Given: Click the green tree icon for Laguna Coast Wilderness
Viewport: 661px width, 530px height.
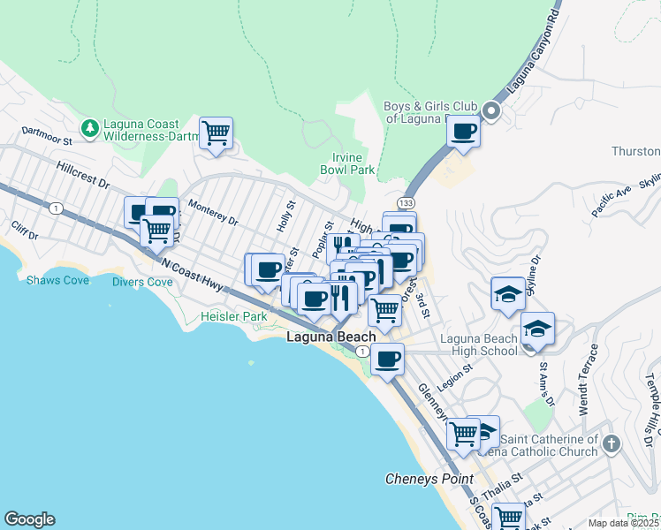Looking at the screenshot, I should coord(89,129).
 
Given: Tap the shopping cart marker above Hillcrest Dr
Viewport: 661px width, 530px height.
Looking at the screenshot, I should coord(216,133).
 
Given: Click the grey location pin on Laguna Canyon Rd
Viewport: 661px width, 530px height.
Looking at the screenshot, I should coord(490,112).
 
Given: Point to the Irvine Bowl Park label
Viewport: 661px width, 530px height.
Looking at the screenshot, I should coord(346,163).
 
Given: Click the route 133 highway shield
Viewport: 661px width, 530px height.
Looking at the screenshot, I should coord(406,203).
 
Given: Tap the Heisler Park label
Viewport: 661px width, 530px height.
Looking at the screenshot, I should coord(233,316).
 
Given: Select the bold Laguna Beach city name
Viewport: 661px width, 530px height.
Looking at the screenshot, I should coord(331,337).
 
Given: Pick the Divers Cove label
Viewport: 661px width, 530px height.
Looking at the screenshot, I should coord(142,283).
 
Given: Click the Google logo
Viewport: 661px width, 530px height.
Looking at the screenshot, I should coord(29,519).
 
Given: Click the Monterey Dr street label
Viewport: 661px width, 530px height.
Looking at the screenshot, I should coord(214,216).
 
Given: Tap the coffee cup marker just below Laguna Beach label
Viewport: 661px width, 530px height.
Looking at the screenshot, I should coord(387,359).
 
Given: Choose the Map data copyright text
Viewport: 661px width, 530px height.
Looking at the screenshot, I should coord(623,523).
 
